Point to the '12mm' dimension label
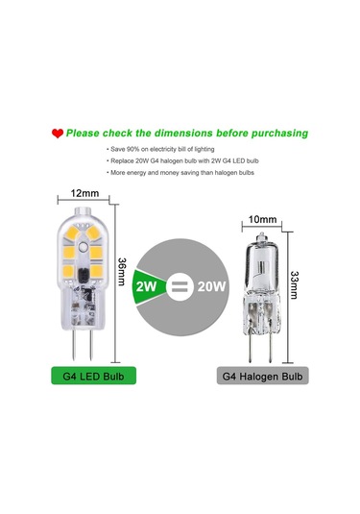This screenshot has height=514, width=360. point(84,194)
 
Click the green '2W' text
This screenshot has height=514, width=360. point(148,285)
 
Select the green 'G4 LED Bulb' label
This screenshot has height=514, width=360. point(84,375)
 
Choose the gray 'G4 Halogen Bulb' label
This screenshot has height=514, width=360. point(263,375)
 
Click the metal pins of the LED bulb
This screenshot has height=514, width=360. point(84,336)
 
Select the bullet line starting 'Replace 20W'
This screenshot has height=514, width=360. point(183,164)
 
